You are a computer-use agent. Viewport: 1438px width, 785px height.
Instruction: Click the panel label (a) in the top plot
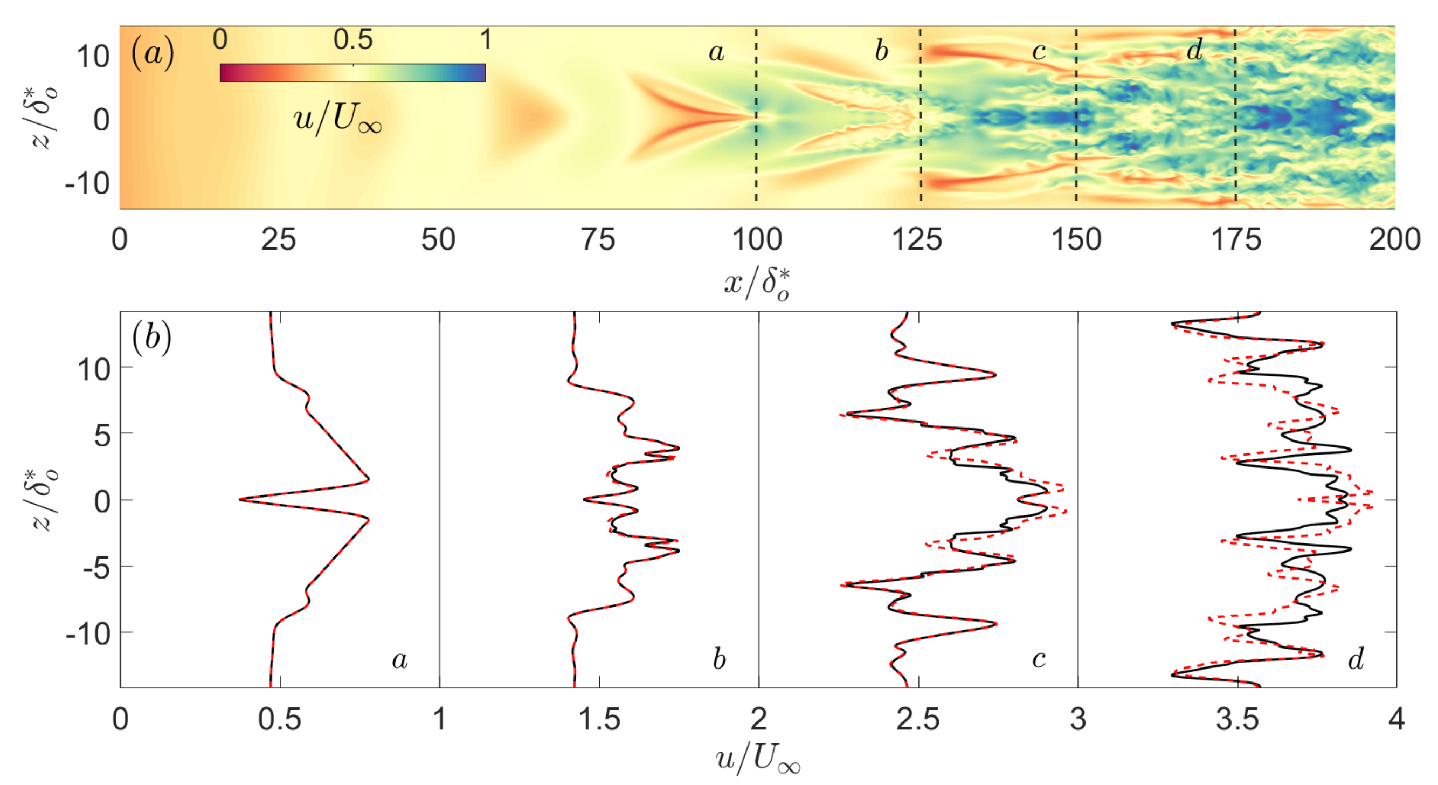click(x=152, y=54)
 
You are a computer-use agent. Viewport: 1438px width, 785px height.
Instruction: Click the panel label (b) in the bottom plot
click(x=152, y=338)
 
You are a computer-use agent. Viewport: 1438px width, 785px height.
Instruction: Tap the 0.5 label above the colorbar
click(x=353, y=40)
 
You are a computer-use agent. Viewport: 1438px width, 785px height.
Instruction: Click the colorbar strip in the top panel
click(x=352, y=73)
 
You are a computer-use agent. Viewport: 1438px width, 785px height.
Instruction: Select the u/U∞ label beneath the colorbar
click(x=337, y=119)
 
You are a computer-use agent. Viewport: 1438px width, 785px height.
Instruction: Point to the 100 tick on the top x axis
click(x=756, y=239)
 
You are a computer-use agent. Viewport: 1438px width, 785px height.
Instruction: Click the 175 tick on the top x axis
click(x=1235, y=239)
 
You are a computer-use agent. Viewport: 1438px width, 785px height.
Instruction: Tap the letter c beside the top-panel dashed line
click(x=1038, y=51)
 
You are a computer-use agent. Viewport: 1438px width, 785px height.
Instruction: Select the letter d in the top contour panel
click(x=1193, y=50)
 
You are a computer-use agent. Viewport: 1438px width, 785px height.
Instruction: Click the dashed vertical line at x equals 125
click(x=921, y=117)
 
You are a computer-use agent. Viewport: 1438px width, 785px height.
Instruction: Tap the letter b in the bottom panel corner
click(x=719, y=659)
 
